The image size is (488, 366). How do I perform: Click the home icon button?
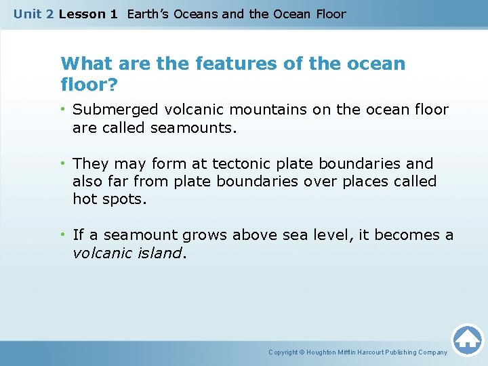(x=467, y=340)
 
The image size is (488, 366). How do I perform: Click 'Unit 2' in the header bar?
(x=33, y=14)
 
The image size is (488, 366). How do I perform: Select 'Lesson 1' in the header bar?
(x=88, y=14)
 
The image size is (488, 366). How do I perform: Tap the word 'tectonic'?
(x=241, y=164)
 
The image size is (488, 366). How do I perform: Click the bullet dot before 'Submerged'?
(x=64, y=110)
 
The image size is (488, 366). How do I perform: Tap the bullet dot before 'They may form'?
(x=64, y=164)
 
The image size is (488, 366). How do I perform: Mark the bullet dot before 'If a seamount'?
(x=64, y=236)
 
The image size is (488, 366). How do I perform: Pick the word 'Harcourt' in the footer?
(x=374, y=352)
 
